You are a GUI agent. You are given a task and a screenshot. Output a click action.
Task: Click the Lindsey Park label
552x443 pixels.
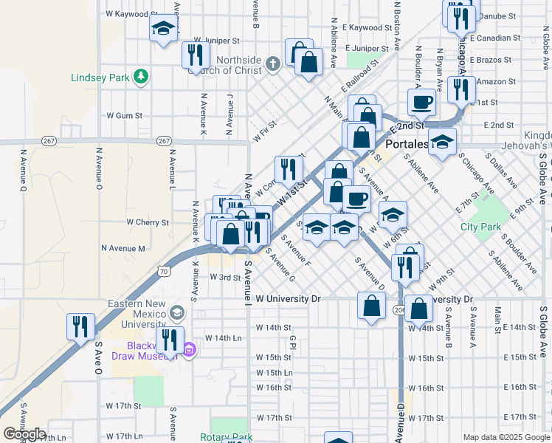(x=100, y=77)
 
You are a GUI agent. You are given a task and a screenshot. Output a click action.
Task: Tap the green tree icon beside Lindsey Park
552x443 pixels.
(x=139, y=76)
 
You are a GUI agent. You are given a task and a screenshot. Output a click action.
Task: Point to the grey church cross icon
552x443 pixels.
(x=273, y=63)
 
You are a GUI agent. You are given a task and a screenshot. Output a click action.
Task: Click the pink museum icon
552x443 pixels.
(x=189, y=348)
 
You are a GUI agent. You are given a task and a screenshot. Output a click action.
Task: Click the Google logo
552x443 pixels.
(x=24, y=434)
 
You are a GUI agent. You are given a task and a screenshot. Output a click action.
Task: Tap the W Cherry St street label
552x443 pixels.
(x=148, y=221)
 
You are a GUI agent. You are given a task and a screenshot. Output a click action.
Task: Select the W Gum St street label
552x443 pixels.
(x=124, y=116)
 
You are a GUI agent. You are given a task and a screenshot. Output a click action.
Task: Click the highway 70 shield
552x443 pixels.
(x=164, y=272)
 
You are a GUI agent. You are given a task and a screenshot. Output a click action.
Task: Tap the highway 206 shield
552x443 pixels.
(x=399, y=309)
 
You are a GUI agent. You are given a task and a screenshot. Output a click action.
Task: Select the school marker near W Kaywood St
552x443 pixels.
(x=163, y=30)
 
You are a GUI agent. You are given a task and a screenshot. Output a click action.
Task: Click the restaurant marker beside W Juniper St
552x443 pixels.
(x=195, y=55)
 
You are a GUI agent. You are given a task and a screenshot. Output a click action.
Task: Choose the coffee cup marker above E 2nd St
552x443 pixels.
(x=421, y=102)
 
